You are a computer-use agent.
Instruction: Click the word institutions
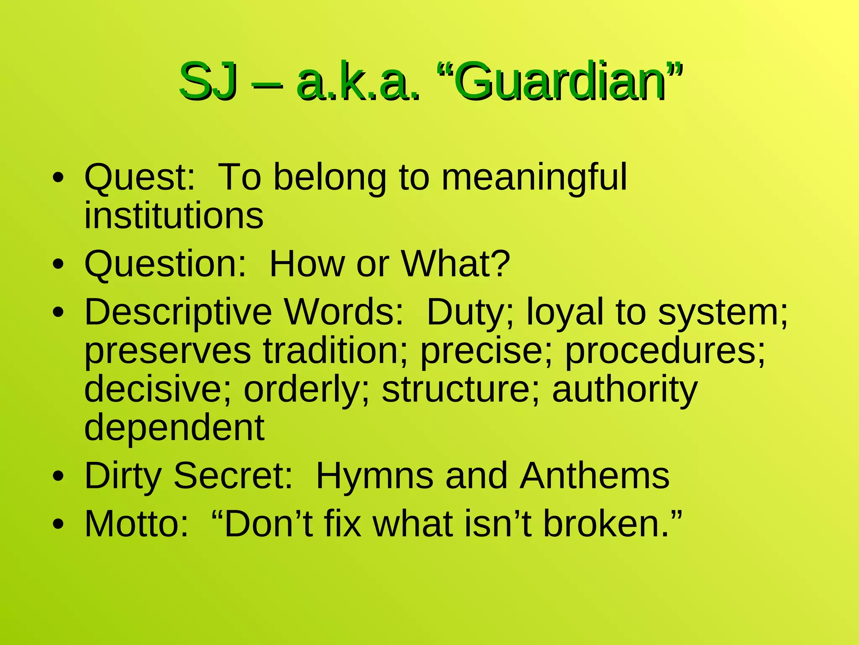(174, 216)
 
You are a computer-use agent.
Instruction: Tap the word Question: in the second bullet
(165, 265)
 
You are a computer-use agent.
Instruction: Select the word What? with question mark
(456, 265)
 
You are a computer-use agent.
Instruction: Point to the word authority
(625, 390)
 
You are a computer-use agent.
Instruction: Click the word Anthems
(594, 476)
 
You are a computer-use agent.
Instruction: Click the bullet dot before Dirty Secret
(58, 477)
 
